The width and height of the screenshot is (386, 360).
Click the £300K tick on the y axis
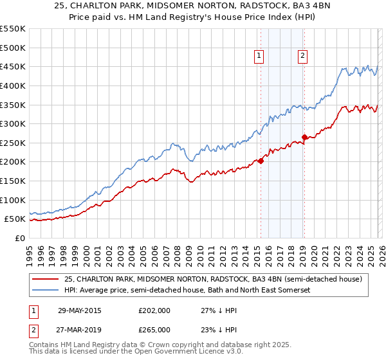[13, 123]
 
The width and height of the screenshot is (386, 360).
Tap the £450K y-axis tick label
[13, 66]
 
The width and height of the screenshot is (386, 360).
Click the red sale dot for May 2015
[261, 161]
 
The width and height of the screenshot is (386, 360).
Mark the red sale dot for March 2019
[304, 137]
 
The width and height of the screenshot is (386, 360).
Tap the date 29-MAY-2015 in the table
[80, 310]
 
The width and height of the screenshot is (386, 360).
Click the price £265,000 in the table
[154, 329]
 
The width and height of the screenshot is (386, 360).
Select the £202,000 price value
[154, 310]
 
